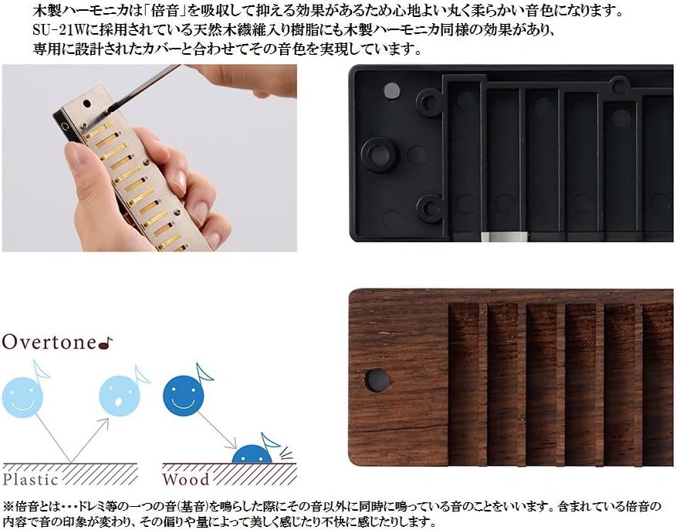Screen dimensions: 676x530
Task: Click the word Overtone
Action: click(x=49, y=342)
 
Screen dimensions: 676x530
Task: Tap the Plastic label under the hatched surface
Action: click(x=30, y=479)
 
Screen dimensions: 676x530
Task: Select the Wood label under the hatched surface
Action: click(x=186, y=479)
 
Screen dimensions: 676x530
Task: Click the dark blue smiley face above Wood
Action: click(x=183, y=396)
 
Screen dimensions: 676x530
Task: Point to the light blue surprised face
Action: click(x=120, y=396)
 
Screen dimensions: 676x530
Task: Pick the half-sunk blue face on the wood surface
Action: click(x=252, y=454)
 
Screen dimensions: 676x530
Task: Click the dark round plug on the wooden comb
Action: click(x=378, y=380)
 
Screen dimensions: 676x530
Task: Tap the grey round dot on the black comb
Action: click(x=391, y=89)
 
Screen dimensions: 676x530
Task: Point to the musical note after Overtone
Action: click(x=106, y=343)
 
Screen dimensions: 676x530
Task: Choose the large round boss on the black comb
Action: click(x=380, y=154)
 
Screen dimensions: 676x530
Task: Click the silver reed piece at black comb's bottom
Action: click(x=504, y=236)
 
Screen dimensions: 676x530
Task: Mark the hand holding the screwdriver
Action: click(x=249, y=80)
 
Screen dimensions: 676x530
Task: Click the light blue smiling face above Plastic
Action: click(x=22, y=397)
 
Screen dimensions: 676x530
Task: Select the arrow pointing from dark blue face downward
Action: click(x=218, y=430)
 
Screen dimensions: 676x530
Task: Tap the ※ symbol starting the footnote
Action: click(x=8, y=505)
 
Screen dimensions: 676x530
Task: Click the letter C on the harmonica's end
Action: click(x=66, y=127)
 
